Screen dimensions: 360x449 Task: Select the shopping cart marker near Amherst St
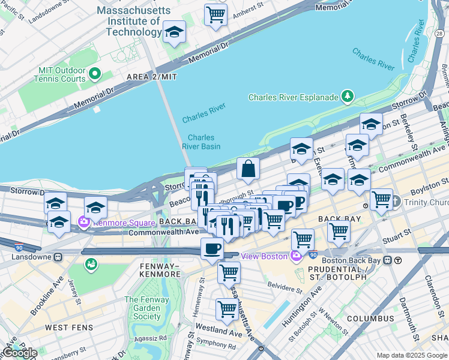point(215,14)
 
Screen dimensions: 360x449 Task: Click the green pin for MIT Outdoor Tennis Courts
point(94,74)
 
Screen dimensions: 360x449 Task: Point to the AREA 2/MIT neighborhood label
point(151,77)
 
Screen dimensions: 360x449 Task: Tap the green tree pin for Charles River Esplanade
point(347,96)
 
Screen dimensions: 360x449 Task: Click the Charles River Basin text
point(201,142)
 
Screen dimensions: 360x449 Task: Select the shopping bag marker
point(248,170)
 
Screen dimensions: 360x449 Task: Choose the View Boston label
point(264,256)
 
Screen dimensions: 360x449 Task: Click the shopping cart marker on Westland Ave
point(227,310)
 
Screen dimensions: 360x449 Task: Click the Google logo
point(19,353)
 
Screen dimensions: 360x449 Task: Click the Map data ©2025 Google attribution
point(412,355)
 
